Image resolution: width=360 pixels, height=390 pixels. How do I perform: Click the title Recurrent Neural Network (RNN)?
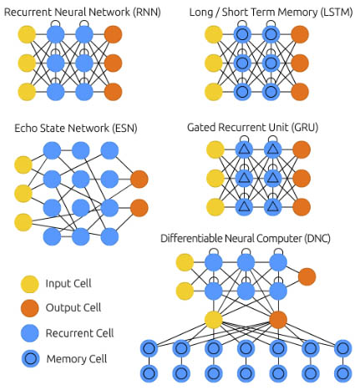tap(83, 13)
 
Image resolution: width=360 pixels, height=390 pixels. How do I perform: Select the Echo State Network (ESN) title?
tap(76, 129)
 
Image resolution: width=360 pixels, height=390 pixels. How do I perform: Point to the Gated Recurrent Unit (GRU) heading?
tap(252, 128)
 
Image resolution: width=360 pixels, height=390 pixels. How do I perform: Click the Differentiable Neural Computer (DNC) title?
tap(246, 239)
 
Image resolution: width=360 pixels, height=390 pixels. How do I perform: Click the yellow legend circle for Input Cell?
tap(30, 284)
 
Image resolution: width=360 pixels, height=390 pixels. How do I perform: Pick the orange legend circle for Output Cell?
tap(30, 308)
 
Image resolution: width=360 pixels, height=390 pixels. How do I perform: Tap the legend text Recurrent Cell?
tap(79, 333)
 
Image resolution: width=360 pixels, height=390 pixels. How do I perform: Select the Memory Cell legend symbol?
tap(30, 358)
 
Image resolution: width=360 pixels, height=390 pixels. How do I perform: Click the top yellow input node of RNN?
tap(27, 34)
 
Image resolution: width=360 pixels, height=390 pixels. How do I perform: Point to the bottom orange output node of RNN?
tap(113, 92)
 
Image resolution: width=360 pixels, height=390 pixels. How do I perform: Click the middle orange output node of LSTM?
tap(300, 63)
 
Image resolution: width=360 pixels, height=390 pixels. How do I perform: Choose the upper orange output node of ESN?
tap(139, 180)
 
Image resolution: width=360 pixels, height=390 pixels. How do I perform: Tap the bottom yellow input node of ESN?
tap(23, 222)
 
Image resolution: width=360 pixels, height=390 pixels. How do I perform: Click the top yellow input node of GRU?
tap(215, 149)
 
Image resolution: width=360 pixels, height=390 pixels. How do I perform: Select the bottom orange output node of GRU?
tap(302, 207)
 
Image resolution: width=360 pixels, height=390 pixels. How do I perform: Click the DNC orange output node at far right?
tap(307, 276)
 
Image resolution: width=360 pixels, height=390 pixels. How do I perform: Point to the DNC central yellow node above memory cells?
tap(214, 320)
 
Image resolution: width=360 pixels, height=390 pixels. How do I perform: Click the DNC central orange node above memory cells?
tap(278, 320)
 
